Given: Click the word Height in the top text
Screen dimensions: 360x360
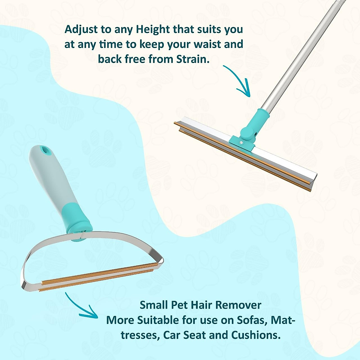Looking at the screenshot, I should click(x=153, y=30).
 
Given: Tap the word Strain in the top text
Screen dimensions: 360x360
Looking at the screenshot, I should click(x=192, y=59).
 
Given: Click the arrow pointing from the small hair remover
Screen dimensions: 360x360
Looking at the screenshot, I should click(x=81, y=306).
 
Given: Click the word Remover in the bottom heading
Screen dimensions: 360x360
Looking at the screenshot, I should click(x=238, y=305).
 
